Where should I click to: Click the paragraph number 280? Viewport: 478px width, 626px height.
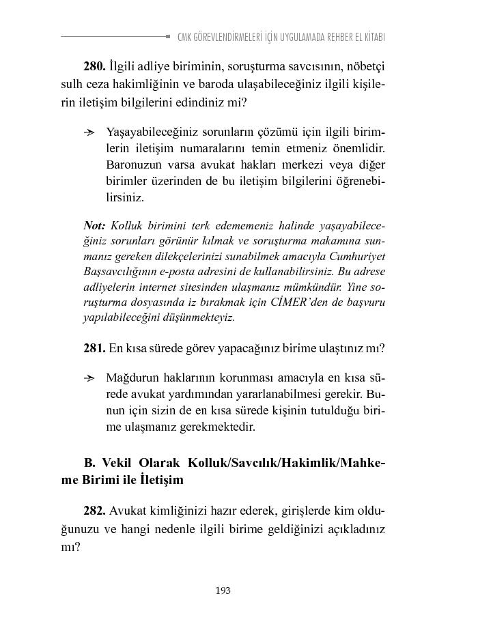point(94,67)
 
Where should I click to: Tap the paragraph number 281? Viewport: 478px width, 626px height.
point(94,348)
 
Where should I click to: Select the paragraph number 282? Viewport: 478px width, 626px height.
point(94,511)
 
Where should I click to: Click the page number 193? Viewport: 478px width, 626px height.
point(223,591)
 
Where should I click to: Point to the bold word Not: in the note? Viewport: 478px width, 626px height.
point(94,225)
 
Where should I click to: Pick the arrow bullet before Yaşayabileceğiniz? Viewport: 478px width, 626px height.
point(89,131)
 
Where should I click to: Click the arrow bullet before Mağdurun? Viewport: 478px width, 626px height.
point(89,378)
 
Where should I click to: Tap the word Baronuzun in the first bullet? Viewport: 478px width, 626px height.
point(134,165)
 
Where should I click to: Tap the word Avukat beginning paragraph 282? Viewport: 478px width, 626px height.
point(127,511)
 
